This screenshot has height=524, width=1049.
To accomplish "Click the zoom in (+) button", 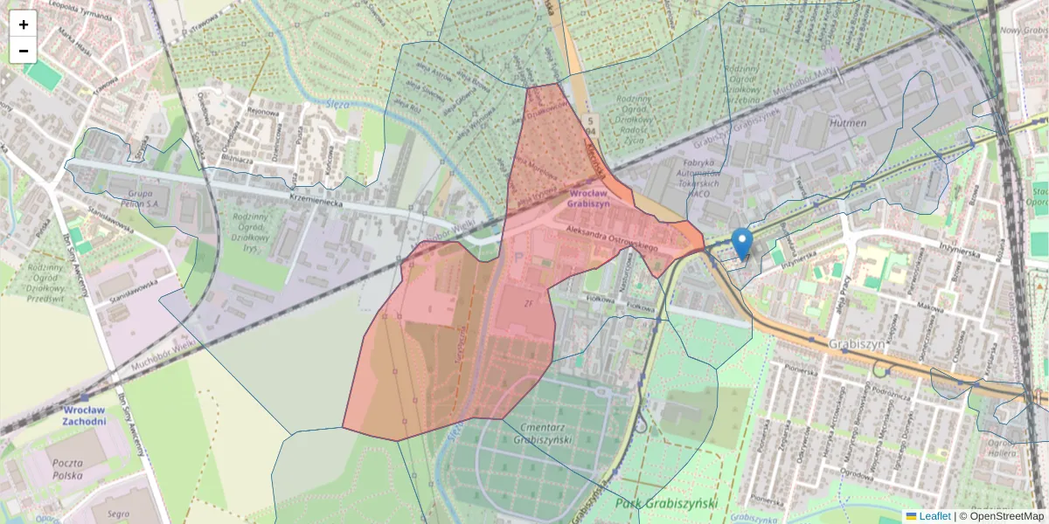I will tap(24, 24).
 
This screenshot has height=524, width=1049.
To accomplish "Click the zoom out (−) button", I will tap(24, 51).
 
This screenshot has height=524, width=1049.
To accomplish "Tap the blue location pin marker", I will tap(741, 243).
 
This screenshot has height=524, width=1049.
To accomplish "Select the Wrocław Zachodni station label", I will tap(84, 415).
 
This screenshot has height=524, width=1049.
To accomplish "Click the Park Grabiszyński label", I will tap(666, 503).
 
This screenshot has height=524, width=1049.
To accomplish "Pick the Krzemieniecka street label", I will tap(326, 201).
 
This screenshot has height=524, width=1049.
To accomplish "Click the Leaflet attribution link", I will tap(934, 516).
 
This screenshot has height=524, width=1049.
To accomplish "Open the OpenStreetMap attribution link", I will tap(1006, 516).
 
